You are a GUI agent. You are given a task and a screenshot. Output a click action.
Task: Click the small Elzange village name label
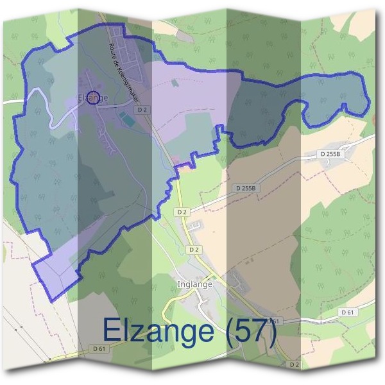pyautogui.click(x=91, y=98)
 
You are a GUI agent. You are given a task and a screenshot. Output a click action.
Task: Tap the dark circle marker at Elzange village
pyautogui.click(x=93, y=98)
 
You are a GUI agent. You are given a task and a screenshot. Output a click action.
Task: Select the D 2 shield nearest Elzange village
pyautogui.click(x=142, y=110)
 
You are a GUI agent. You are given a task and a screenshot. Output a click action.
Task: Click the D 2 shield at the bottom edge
pyautogui.click(x=295, y=364)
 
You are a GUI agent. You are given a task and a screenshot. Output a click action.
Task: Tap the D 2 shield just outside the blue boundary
pyautogui.click(x=182, y=212)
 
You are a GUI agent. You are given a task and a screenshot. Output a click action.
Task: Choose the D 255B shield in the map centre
pyautogui.click(x=246, y=188)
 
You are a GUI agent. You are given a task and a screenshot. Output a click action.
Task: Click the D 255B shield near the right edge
pyautogui.click(x=332, y=154)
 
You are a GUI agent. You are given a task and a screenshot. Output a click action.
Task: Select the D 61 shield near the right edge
pyautogui.click(x=348, y=312)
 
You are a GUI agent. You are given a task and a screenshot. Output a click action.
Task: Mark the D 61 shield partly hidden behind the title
pyautogui.click(x=273, y=320)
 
